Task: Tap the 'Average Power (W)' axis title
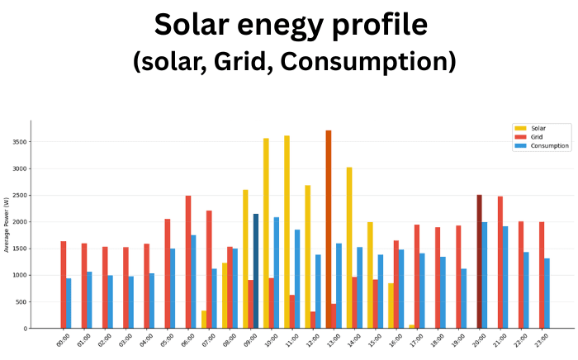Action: pos(7,224)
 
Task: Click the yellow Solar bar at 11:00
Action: pos(287,232)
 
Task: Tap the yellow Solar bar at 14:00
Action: pos(349,248)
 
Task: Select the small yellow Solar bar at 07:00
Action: pos(204,320)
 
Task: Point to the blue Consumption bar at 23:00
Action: pos(547,293)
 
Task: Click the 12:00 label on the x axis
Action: pos(312,341)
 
